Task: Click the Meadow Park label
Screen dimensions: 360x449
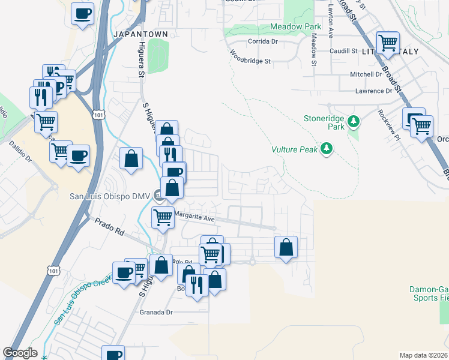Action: (x=291, y=27)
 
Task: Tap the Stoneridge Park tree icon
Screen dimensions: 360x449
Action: (x=354, y=122)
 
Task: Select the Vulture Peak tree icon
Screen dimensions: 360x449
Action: (x=327, y=148)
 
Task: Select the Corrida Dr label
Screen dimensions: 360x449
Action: (x=263, y=42)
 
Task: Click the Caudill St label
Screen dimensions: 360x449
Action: (x=343, y=52)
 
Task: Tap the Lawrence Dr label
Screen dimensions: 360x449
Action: (x=373, y=91)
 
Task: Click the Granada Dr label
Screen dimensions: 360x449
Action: (x=156, y=312)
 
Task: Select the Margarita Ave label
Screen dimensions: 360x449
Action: (x=194, y=219)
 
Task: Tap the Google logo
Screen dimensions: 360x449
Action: (x=20, y=353)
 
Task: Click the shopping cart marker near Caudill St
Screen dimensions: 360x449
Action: (x=388, y=43)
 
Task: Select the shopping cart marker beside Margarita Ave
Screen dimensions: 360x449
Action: (x=163, y=217)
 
